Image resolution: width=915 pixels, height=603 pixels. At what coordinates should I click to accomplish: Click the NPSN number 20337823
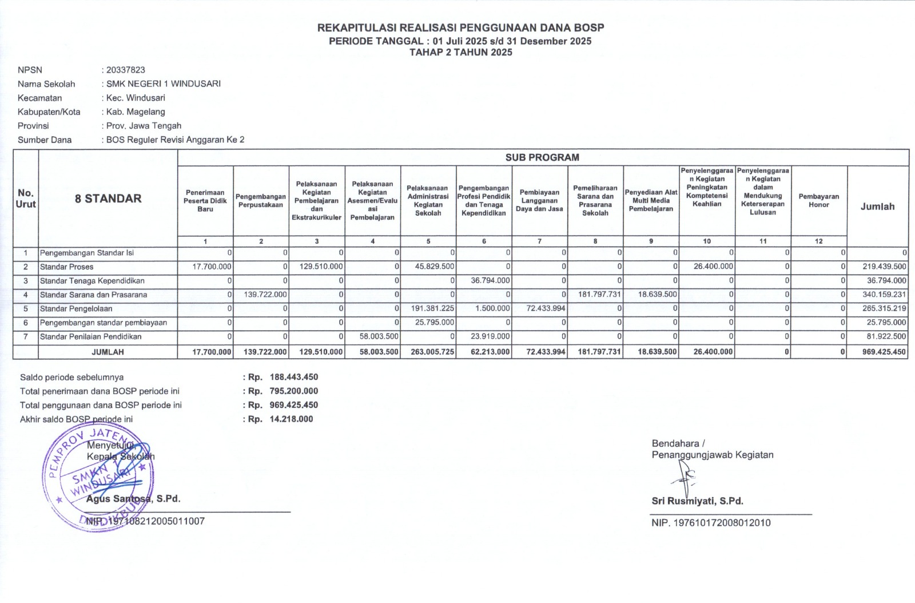click(x=126, y=70)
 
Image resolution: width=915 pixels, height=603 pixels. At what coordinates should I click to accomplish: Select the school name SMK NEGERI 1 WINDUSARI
click(x=163, y=84)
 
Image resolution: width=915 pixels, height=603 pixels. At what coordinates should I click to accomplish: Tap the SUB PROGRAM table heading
click(x=542, y=157)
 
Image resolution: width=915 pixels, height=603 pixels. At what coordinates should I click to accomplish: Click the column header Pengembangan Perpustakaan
click(x=261, y=201)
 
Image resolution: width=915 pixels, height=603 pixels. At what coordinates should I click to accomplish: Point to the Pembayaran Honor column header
click(x=818, y=201)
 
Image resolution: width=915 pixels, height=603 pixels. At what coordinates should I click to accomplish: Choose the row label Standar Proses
click(x=67, y=267)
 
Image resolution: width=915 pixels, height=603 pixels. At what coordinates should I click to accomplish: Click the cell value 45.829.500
click(x=432, y=267)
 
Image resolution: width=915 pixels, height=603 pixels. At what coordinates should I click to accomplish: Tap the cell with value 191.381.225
click(x=432, y=308)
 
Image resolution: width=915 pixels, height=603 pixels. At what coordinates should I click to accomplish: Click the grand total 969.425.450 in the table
click(x=884, y=352)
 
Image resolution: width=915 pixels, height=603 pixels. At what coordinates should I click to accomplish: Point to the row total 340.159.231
click(x=884, y=295)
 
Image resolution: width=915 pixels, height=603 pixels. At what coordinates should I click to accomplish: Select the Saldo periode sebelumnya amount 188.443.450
click(x=293, y=377)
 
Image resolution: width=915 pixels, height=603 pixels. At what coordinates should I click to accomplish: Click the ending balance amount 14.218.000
click(x=291, y=419)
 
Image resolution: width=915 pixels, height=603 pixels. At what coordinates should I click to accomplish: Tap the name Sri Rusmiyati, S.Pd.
click(x=697, y=501)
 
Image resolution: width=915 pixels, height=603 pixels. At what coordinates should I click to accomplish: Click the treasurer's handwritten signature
click(x=685, y=475)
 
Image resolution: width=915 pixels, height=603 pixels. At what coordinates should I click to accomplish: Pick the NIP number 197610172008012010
click(x=722, y=523)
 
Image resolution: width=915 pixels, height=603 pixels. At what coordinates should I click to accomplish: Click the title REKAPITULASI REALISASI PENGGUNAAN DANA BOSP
click(x=460, y=27)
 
